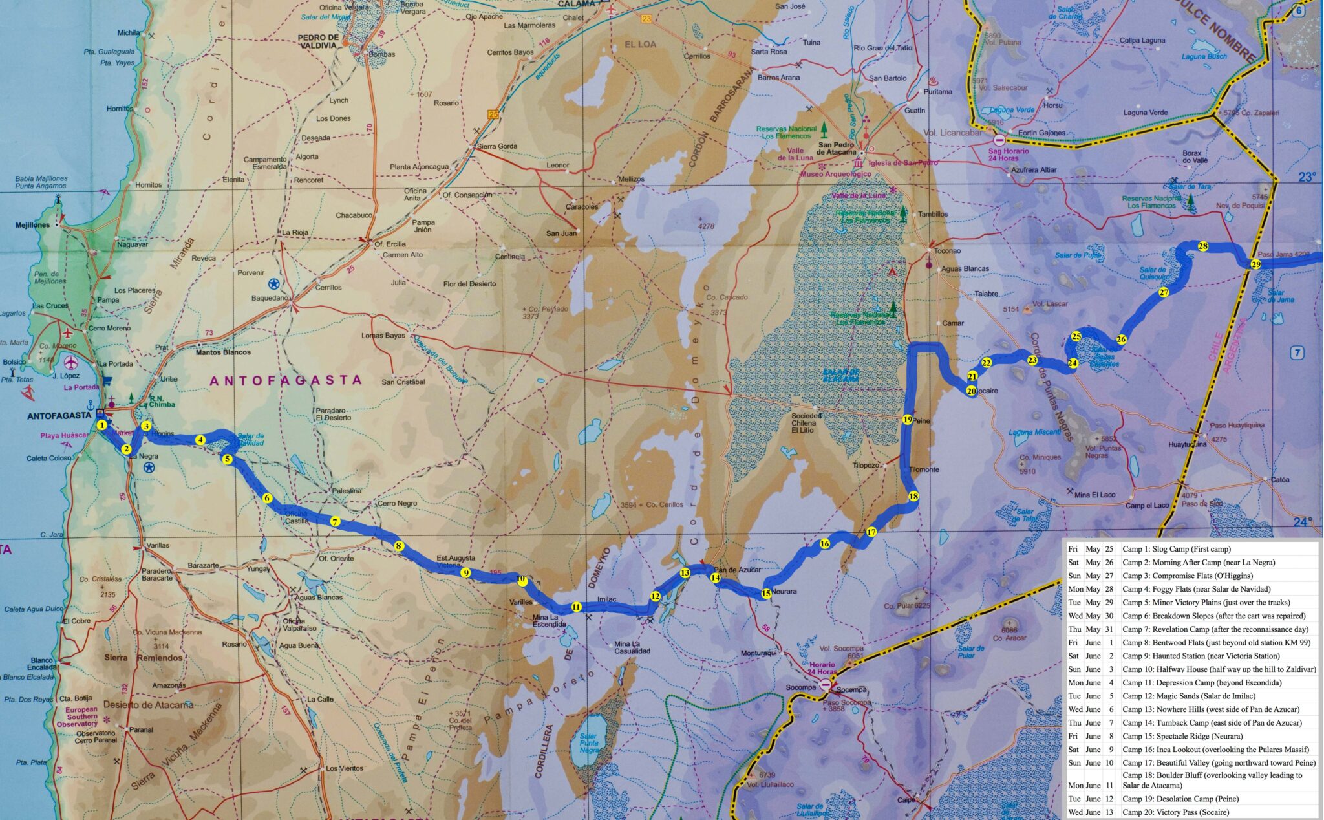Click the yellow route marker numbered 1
(102, 425)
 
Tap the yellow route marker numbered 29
(1255, 264)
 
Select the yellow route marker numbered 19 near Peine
(907, 419)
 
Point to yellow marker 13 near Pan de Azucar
(685, 573)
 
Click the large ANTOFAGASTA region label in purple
(285, 380)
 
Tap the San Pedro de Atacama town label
(837, 148)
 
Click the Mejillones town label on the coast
(32, 225)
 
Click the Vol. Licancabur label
(953, 133)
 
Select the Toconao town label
(947, 250)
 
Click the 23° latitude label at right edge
(1307, 177)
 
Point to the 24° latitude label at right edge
(1303, 521)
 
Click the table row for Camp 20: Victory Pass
(1190, 812)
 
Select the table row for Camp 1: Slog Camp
(1190, 549)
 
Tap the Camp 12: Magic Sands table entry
(1190, 696)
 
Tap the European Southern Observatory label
(81, 717)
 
